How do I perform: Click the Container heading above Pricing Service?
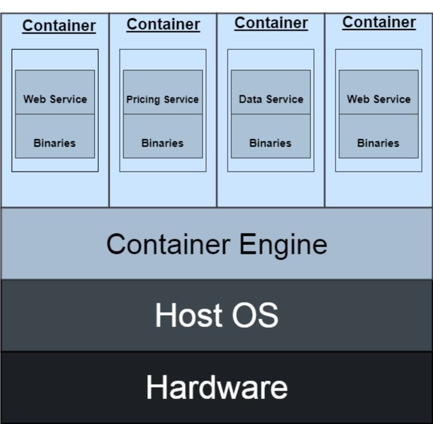click(163, 24)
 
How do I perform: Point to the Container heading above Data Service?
click(271, 23)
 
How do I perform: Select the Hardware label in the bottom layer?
click(216, 387)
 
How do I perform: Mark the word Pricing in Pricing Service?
click(143, 100)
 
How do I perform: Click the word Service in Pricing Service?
click(181, 100)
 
